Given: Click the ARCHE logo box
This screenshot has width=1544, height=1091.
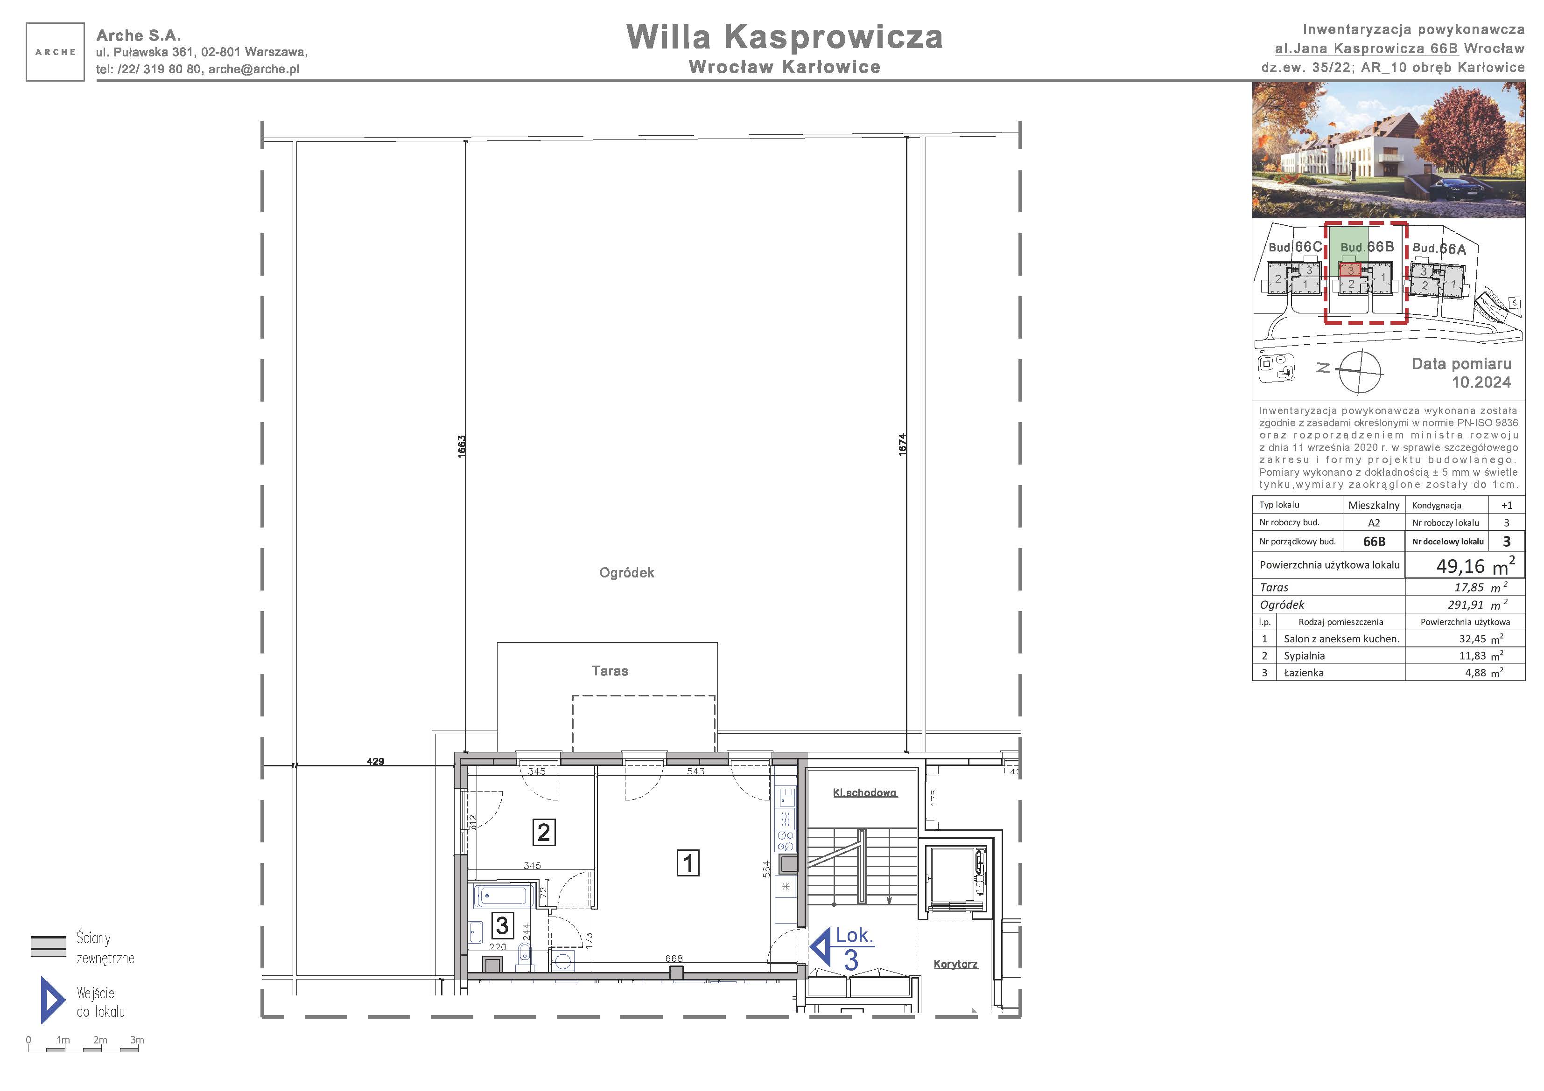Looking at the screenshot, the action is tap(55, 52).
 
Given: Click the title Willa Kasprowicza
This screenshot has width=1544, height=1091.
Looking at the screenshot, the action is tap(784, 37).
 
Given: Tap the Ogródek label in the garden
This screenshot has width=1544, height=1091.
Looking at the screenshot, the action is tap(627, 573).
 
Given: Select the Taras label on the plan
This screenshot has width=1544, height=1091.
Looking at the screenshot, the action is tap(610, 671).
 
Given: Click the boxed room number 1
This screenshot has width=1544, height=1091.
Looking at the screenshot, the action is tap(688, 863).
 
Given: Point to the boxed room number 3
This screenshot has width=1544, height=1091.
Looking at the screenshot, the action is tap(502, 925).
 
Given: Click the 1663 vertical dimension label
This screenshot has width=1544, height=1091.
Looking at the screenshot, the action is tap(461, 447).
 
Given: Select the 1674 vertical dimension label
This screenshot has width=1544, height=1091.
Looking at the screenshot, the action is tap(903, 445).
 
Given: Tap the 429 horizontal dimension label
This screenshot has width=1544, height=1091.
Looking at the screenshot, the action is tap(375, 762).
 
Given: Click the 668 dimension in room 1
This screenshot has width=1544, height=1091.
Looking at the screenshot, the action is tap(674, 959).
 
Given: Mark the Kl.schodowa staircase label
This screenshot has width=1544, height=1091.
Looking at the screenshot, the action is tap(865, 792).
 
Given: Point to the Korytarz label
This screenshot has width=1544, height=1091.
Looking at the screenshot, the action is tap(955, 965).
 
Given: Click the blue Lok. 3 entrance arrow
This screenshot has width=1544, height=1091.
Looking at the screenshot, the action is tap(820, 948).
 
